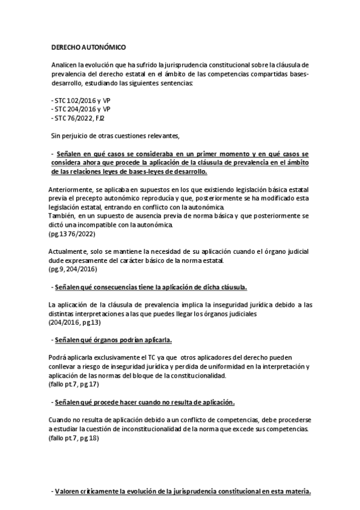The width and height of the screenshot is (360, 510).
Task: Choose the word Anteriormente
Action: click(x=70, y=189)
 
